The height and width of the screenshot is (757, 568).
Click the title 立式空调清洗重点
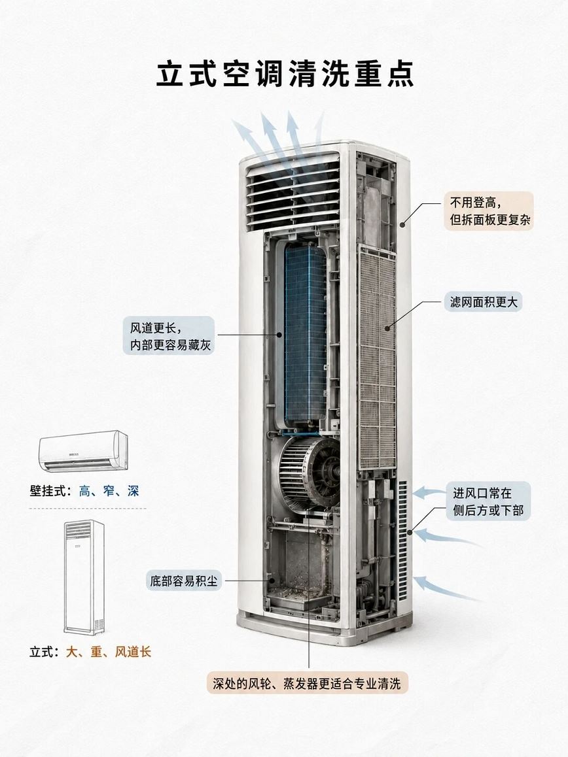285,75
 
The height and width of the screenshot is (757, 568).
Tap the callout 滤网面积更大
484,302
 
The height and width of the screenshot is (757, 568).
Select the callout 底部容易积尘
183,580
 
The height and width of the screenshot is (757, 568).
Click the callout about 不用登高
489,211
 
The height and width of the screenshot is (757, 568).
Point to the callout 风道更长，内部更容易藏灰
169,336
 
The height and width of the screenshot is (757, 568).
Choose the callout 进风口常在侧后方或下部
488,501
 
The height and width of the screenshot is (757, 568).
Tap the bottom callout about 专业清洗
307,684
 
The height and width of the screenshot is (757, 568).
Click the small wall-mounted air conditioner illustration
83,451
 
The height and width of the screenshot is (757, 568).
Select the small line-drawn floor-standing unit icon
84,577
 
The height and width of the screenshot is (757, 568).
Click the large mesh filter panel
378,357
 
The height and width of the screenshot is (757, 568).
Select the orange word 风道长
133,652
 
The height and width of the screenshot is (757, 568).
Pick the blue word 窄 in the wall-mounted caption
109,492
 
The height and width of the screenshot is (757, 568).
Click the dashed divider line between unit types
88,509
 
